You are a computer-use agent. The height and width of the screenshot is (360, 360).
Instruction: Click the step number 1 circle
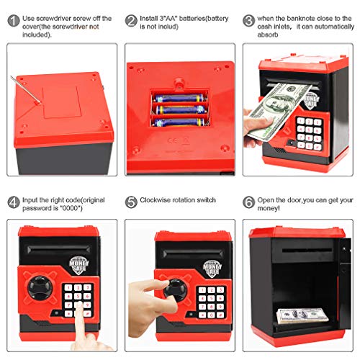[x=14, y=20]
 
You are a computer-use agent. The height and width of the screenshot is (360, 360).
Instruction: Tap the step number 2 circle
[x=132, y=20]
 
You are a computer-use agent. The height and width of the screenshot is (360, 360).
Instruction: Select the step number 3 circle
[x=248, y=20]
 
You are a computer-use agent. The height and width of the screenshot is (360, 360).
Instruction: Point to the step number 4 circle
[x=14, y=202]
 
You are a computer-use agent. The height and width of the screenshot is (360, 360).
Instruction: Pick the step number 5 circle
[x=132, y=202]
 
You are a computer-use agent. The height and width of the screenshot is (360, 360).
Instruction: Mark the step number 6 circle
[x=248, y=202]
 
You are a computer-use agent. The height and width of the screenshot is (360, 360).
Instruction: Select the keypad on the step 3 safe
[x=310, y=130]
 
